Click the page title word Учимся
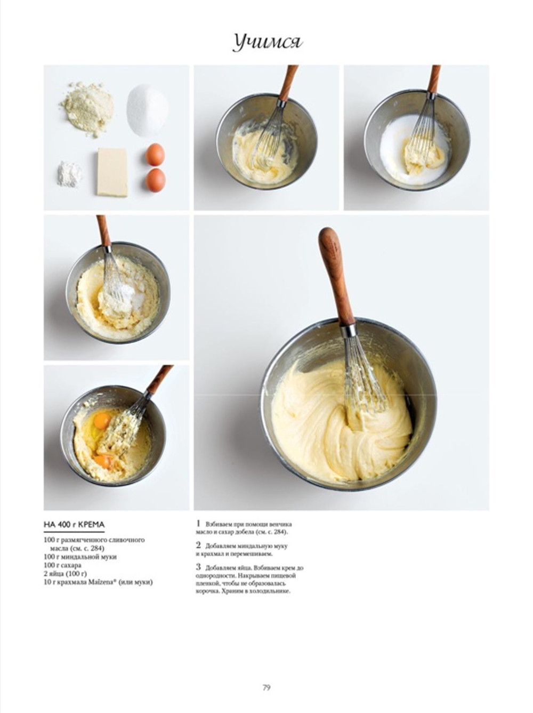(268, 43)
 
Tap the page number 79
(266, 687)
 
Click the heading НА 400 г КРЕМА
(74, 525)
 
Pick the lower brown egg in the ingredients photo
(156, 180)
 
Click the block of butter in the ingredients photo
(112, 172)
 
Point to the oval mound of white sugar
(147, 110)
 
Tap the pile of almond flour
(87, 108)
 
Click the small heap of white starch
(69, 174)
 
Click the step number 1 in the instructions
(198, 524)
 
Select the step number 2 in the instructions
(198, 545)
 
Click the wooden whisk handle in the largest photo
(335, 278)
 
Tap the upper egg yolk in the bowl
(102, 421)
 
